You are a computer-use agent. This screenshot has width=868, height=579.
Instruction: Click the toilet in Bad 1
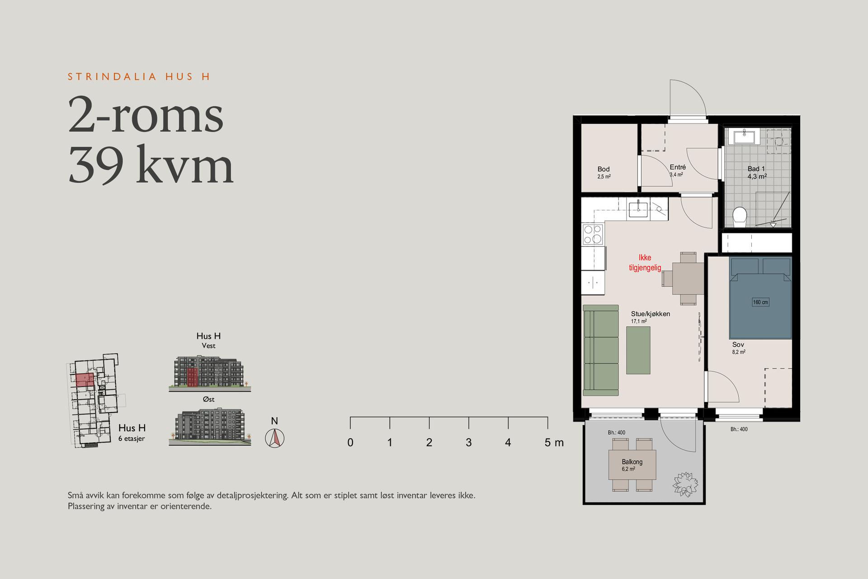point(740,217)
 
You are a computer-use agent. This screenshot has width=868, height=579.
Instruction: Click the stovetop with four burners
point(593,235)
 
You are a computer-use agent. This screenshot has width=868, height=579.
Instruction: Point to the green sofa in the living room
point(600,350)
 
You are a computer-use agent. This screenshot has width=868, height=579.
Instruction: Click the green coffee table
point(638,350)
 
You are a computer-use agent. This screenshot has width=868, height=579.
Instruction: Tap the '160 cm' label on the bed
point(760,302)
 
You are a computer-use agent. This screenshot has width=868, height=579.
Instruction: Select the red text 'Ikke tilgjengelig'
point(645,263)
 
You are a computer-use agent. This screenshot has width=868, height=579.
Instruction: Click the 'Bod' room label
point(604,169)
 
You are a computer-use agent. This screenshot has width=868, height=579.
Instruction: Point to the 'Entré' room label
point(678,167)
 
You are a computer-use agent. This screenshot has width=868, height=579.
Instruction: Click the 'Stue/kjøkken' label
point(651,314)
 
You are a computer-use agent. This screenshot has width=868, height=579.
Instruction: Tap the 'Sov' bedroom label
point(738,345)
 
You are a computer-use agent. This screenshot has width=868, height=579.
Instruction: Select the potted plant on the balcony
point(685,484)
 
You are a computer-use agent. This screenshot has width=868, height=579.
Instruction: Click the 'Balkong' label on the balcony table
point(632,462)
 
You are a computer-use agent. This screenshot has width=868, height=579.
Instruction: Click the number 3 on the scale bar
point(469,442)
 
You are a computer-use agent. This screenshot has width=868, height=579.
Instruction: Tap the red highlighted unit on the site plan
point(85,380)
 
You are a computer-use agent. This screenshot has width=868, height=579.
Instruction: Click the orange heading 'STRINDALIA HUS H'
point(139,76)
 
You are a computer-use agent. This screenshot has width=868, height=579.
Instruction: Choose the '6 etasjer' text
point(132,439)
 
